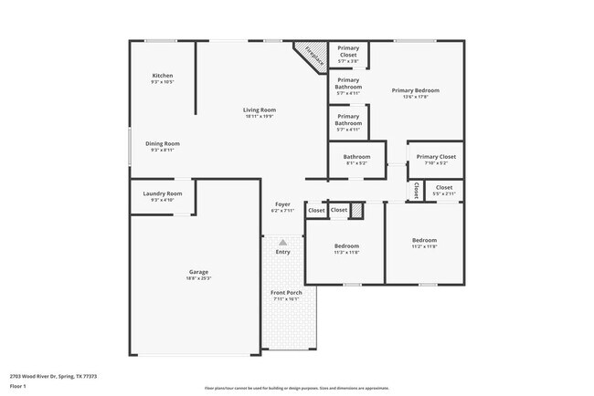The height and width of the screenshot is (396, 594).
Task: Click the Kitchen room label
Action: [163, 76]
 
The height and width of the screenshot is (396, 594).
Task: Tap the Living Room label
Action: [260, 110]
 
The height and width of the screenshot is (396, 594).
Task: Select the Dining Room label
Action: [163, 143]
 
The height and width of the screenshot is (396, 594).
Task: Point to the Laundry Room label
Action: [163, 193]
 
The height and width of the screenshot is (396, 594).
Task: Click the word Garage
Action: [199, 272]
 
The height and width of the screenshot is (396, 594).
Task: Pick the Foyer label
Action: [282, 204]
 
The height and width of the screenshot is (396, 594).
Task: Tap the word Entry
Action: [283, 252]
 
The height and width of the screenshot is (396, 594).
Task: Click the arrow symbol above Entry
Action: [283, 242]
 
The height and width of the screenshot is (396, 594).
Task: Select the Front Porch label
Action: [286, 293]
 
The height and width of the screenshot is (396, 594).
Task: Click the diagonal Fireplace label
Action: [313, 56]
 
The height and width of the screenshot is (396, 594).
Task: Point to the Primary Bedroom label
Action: [416, 90]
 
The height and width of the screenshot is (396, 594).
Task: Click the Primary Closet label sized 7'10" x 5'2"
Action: [435, 157]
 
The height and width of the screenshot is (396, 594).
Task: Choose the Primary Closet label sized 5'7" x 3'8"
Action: [347, 51]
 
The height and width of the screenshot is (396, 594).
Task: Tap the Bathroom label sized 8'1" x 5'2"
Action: [356, 157]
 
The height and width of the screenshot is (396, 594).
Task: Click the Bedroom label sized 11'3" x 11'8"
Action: [346, 245]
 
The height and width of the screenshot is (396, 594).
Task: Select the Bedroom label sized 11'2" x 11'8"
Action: [424, 240]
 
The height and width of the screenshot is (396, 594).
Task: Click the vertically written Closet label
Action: [416, 191]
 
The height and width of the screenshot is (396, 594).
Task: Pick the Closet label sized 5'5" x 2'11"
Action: [444, 188]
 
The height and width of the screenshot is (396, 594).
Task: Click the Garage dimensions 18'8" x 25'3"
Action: [199, 278]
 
